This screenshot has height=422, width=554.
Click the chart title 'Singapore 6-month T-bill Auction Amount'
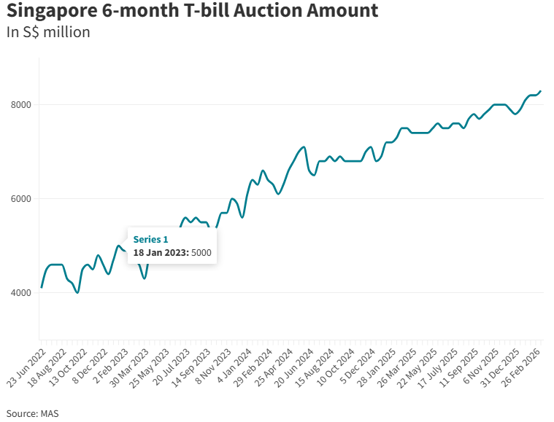tap(193, 12)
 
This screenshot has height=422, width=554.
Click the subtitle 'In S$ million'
tap(48, 33)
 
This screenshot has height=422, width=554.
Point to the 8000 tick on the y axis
tap(20, 105)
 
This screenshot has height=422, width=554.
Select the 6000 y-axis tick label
tap(20, 199)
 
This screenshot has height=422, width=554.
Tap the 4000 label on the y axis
tap(20, 293)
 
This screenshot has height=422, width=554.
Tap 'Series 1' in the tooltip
tap(150, 239)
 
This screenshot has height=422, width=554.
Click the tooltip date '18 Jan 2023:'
tap(161, 252)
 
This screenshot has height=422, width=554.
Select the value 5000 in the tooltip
tap(201, 252)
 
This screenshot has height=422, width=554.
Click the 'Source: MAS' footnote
tap(33, 413)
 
